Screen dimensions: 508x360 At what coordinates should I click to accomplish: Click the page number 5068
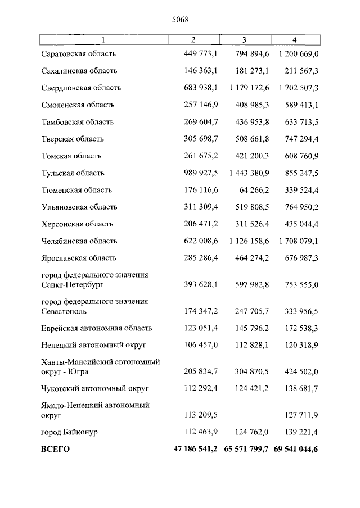click(x=180, y=19)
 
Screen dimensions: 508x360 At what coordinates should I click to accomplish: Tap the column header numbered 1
click(x=103, y=39)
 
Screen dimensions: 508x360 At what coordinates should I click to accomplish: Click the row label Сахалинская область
click(x=79, y=71)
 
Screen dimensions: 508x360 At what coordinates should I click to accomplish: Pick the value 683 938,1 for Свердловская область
click(x=201, y=88)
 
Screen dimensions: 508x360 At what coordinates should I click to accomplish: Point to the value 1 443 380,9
click(x=249, y=173)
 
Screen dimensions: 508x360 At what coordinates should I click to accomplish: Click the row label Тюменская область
click(x=76, y=190)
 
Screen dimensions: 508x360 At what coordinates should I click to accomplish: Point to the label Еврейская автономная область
click(x=97, y=328)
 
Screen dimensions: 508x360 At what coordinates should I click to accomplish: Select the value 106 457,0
click(x=201, y=344)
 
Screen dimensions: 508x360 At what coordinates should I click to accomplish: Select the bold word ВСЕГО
click(x=56, y=450)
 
